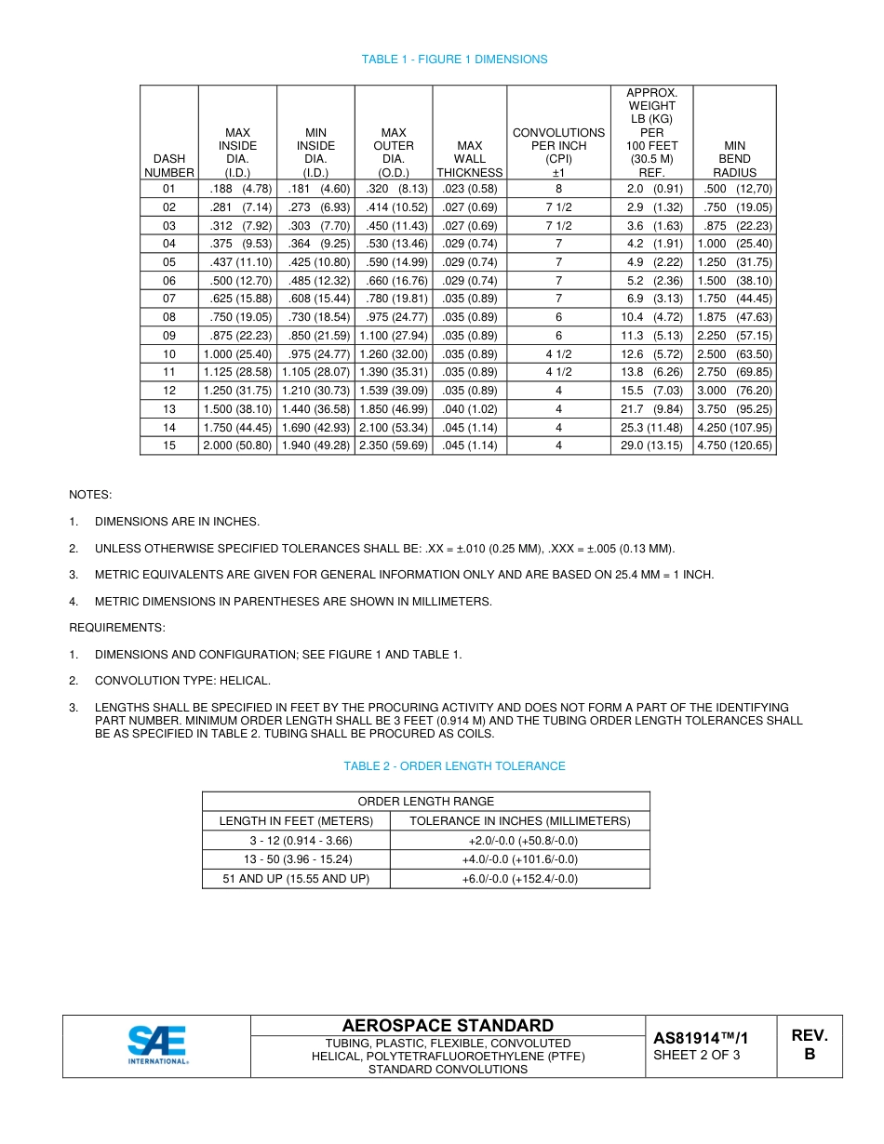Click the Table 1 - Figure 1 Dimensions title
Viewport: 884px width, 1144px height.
(x=454, y=60)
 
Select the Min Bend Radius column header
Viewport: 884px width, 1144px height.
(x=734, y=159)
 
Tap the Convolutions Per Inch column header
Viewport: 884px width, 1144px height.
(x=558, y=153)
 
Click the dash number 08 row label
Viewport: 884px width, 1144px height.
(x=168, y=317)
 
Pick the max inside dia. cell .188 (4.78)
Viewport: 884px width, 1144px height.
(x=237, y=189)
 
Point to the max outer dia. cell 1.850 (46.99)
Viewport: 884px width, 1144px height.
(x=394, y=409)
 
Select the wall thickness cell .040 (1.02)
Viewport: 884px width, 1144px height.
(x=470, y=409)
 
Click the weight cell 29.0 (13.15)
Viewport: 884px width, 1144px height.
(x=655, y=446)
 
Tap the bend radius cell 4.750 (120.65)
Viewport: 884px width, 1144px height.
(x=734, y=446)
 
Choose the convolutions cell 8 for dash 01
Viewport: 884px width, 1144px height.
(x=558, y=189)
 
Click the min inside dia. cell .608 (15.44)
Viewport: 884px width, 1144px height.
(x=315, y=299)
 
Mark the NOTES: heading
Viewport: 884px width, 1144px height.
(x=90, y=495)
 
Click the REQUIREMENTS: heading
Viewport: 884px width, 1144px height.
(x=117, y=628)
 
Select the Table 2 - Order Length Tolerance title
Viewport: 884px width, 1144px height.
(x=454, y=766)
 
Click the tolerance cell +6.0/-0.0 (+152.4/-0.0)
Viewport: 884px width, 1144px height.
(x=519, y=879)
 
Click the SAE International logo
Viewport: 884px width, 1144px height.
(x=157, y=1045)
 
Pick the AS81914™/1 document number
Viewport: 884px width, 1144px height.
(x=701, y=1038)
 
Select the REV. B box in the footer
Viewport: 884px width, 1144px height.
(x=810, y=1045)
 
